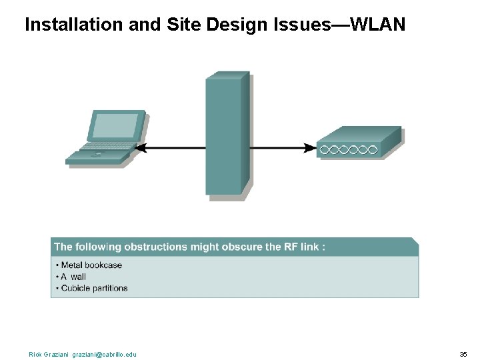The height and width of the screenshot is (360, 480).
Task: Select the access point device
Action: pyautogui.click(x=358, y=143)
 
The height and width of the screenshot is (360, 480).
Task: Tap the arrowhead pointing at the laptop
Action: pyautogui.click(x=141, y=148)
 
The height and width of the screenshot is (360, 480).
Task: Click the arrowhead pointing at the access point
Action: pyautogui.click(x=311, y=148)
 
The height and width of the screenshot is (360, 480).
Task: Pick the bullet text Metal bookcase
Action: pyautogui.click(x=91, y=265)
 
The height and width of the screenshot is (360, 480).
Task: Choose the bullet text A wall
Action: pyautogui.click(x=73, y=277)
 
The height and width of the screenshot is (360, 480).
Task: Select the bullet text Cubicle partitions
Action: pyautogui.click(x=94, y=288)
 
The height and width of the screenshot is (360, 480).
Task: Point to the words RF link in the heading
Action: pyautogui.click(x=302, y=247)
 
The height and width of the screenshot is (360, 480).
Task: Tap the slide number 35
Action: pyautogui.click(x=463, y=354)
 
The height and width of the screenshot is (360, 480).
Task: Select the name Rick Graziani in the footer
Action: pyautogui.click(x=49, y=354)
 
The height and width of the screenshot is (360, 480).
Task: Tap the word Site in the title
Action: pyautogui.click(x=189, y=25)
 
